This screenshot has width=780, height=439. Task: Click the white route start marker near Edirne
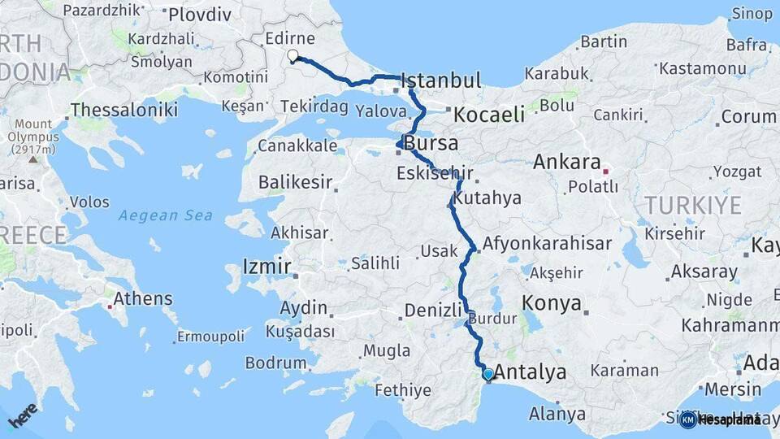(292, 56)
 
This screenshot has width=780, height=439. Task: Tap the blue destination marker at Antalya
(487, 374)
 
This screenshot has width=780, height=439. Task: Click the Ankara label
(566, 162)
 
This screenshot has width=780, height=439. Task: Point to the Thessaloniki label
(124, 110)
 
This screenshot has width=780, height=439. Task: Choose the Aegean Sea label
(165, 215)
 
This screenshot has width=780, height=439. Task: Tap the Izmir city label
(266, 267)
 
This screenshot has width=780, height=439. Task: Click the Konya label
(552, 304)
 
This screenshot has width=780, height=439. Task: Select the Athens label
(143, 298)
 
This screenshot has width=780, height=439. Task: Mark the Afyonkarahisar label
(547, 243)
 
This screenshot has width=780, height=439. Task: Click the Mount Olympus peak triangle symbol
(33, 159)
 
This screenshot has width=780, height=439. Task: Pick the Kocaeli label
(488, 115)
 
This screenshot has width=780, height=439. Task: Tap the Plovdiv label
(199, 15)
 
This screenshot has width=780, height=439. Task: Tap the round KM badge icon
(688, 419)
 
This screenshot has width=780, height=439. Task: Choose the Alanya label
(557, 414)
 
